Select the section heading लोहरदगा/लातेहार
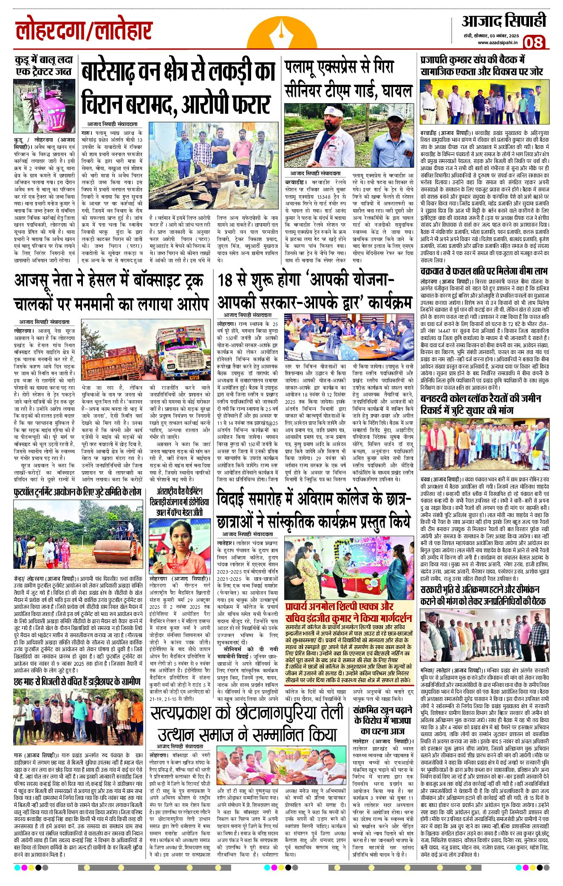tap(84, 31)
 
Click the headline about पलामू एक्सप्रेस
tap(348, 79)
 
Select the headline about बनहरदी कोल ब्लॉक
tap(480, 404)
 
